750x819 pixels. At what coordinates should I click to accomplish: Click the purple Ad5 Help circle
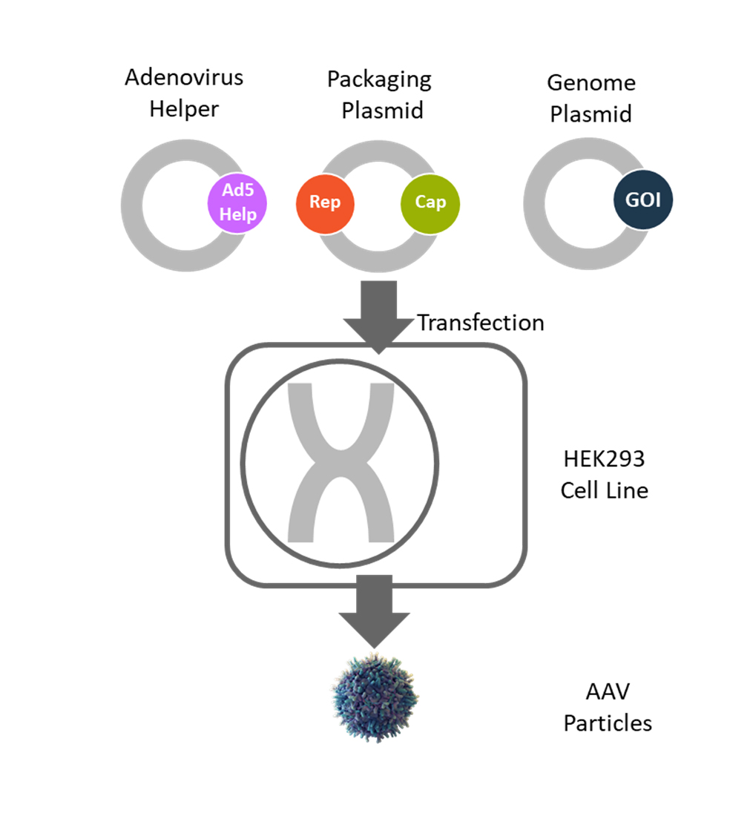coord(237,203)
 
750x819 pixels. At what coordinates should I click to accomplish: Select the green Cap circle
coord(430,203)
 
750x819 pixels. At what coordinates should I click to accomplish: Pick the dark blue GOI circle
coord(643,200)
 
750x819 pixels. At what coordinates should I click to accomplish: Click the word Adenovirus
coord(184,77)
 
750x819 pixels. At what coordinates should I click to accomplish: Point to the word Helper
coord(184,109)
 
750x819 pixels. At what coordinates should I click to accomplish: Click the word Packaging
coord(379,80)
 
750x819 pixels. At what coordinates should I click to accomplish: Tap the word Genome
coord(591,82)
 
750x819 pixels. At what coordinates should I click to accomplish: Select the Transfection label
coord(481,323)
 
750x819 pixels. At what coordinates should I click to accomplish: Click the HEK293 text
coord(604,459)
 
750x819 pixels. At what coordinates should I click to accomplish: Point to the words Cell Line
coord(605,490)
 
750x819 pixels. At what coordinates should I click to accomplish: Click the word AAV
coord(608,691)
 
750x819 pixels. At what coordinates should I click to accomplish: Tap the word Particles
coord(608,723)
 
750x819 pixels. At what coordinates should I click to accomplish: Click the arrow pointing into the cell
coord(378,317)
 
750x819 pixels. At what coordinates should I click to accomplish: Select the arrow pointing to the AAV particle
coord(374,611)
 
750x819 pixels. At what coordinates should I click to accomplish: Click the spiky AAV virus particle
coord(375,697)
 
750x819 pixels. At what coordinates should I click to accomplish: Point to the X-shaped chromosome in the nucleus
coord(341,463)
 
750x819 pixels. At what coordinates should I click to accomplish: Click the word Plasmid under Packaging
coord(382,111)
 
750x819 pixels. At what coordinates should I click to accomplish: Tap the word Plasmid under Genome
coord(591,114)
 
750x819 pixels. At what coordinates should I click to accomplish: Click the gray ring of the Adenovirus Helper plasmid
coord(131,205)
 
